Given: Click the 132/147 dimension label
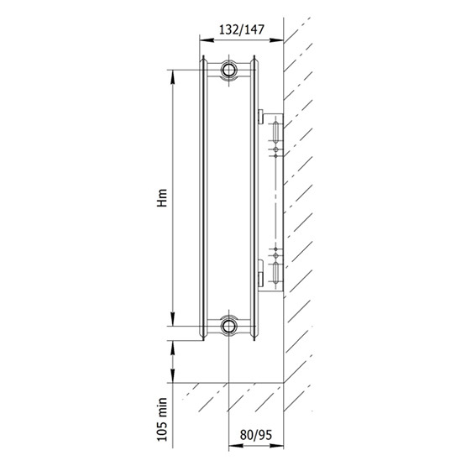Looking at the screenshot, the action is [241, 29].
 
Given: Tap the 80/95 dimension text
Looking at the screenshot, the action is [255, 435].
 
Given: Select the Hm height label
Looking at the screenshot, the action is [162, 197].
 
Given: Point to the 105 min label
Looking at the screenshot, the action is [162, 419].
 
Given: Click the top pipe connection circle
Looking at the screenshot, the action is [228, 71].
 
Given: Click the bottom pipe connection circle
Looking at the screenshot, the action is [228, 326].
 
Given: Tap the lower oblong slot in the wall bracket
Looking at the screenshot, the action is [275, 272].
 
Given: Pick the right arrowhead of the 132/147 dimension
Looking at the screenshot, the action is [276, 39].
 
